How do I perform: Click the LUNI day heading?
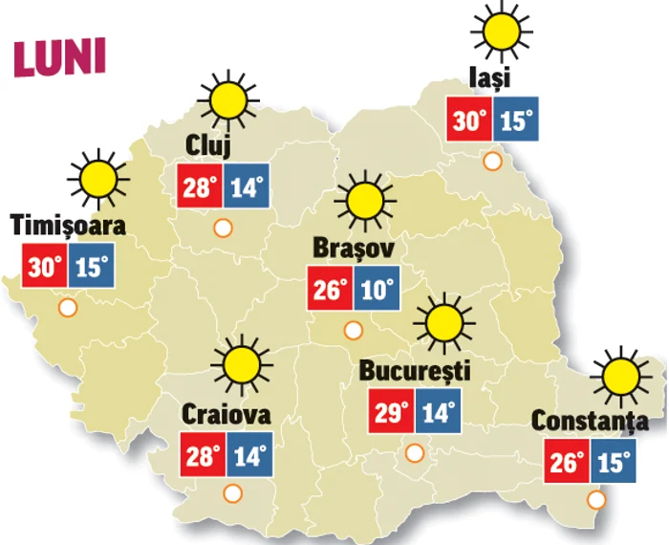tap(58, 58)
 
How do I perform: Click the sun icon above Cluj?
tap(227, 98)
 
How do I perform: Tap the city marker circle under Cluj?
tap(223, 229)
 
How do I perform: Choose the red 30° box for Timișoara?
tap(44, 267)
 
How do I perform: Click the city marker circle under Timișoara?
tap(68, 308)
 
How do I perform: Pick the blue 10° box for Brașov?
tap(377, 289)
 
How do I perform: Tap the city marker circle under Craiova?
tap(232, 494)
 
